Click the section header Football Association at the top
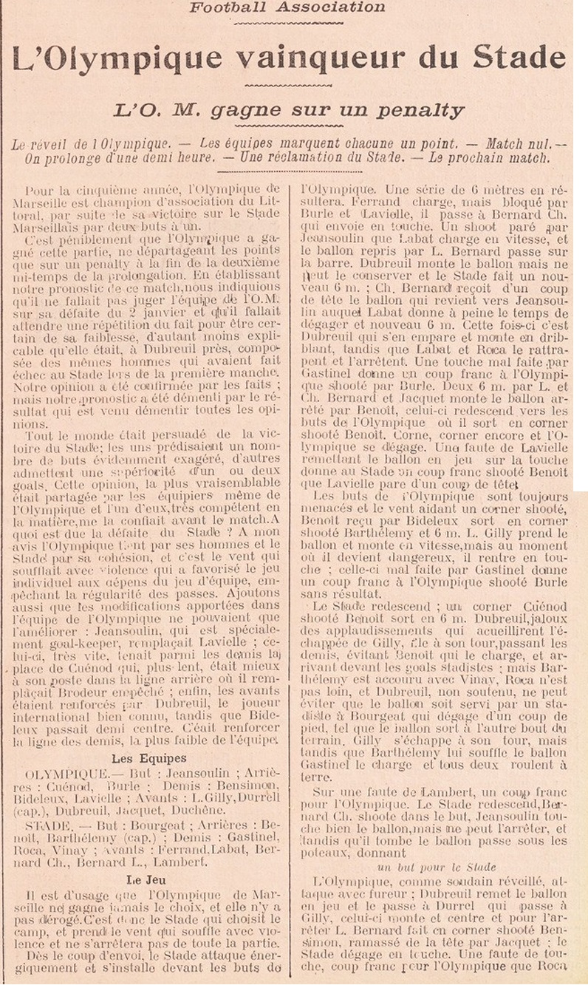pyautogui.click(x=287, y=7)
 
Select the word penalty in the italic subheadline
pyautogui.click(x=421, y=111)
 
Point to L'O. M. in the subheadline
pyautogui.click(x=154, y=111)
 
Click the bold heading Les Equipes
pyautogui.click(x=148, y=758)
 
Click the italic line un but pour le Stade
pyautogui.click(x=437, y=867)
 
